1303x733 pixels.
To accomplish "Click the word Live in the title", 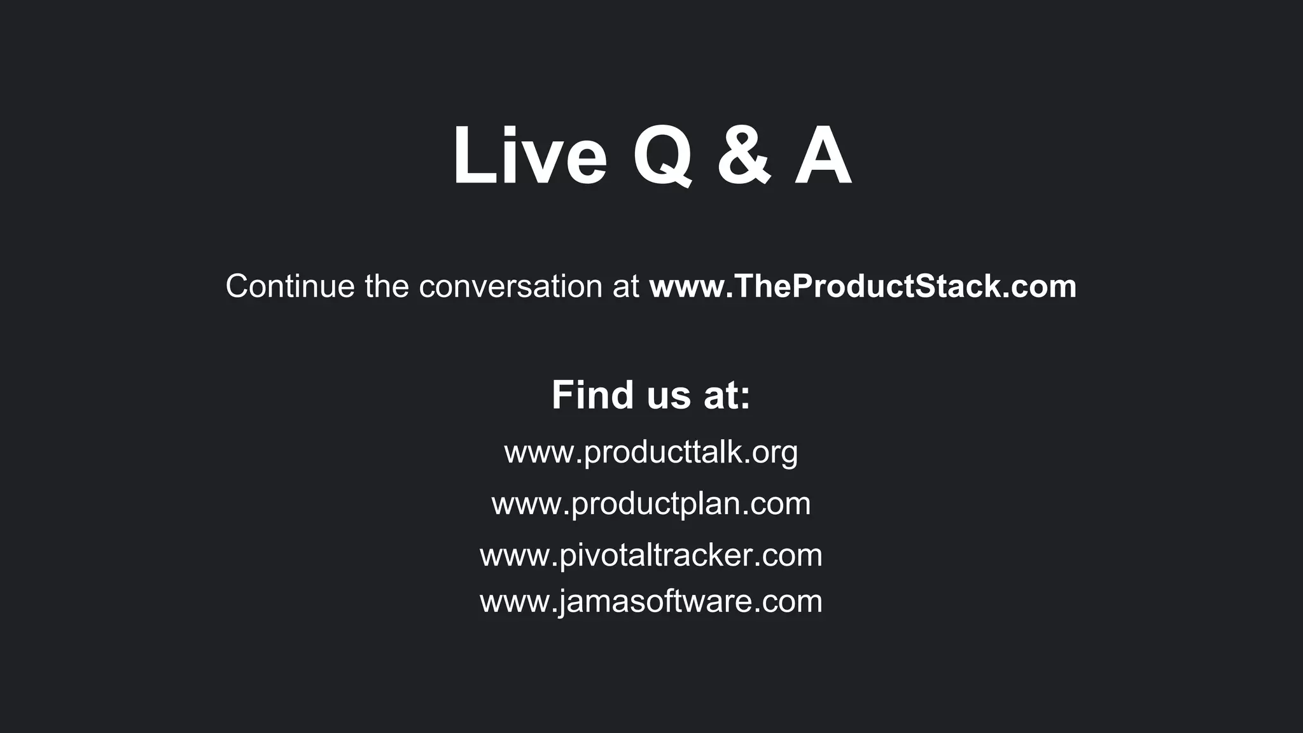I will pyautogui.click(x=529, y=157).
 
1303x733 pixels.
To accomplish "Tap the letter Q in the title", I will pyautogui.click(x=662, y=157).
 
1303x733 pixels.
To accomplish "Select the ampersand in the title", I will pyautogui.click(x=744, y=157).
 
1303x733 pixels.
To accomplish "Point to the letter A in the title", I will pyautogui.click(x=822, y=157).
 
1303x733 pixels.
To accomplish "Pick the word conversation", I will pyautogui.click(x=511, y=286).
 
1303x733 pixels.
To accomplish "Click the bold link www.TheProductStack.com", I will pyautogui.click(x=863, y=286).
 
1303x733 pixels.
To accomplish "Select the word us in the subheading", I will pyautogui.click(x=669, y=395).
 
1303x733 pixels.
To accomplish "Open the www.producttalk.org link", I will pyautogui.click(x=651, y=452).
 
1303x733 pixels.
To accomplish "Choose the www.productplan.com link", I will pyautogui.click(x=651, y=504).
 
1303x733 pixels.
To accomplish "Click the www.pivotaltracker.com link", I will pyautogui.click(x=651, y=555).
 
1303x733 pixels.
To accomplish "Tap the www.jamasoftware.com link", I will pyautogui.click(x=651, y=601).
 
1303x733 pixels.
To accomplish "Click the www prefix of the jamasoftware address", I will pyautogui.click(x=514, y=602).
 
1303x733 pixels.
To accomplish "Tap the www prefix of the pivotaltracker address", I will pyautogui.click(x=514, y=555).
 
